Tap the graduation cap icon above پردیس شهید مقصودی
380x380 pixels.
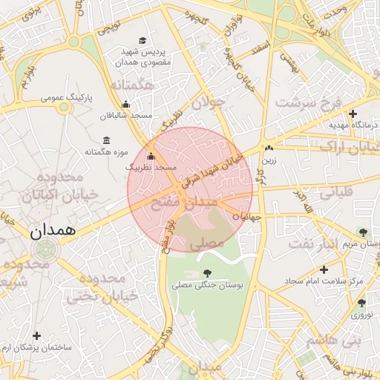point(142,40)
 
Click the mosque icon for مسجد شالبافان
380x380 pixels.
point(125,105)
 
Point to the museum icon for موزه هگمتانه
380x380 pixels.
point(107,141)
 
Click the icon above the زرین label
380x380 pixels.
point(268,148)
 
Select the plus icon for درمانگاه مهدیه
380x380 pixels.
point(353,114)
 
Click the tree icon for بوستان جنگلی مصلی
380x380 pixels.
point(206,274)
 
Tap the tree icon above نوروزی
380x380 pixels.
point(361,303)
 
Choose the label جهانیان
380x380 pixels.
point(246,217)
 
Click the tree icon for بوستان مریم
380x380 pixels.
point(363,232)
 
